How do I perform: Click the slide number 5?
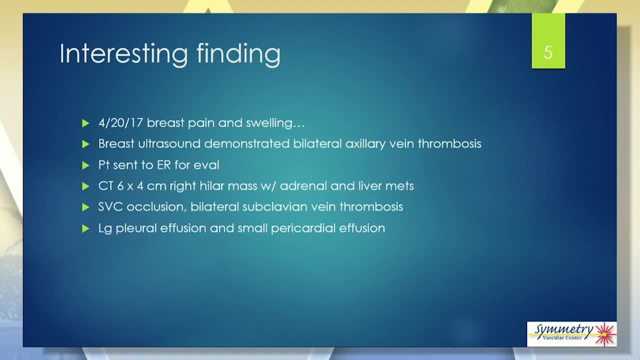click(547, 52)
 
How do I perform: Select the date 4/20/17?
click(120, 123)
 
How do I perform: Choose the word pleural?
click(136, 228)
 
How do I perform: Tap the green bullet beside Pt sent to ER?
click(85, 165)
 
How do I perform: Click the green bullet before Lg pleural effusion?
click(85, 228)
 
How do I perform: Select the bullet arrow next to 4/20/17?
click(85, 123)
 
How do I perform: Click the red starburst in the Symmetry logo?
click(605, 334)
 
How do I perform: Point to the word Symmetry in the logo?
click(563, 330)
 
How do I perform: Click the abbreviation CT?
click(105, 186)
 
